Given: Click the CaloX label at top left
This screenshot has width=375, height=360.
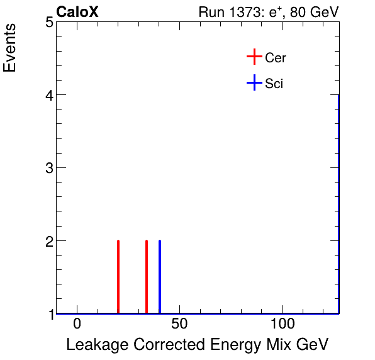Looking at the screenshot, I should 77,12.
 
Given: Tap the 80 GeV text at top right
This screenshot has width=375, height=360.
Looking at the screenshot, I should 314,12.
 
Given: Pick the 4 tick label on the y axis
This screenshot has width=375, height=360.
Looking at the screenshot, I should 48,95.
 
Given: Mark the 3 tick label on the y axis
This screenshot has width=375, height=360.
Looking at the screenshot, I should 48,168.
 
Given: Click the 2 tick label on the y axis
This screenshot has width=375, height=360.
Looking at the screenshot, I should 48,241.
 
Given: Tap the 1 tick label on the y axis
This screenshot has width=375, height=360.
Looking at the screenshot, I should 48,313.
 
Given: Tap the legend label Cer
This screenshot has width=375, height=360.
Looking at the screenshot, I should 276,58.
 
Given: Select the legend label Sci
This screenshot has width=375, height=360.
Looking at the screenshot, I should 274,83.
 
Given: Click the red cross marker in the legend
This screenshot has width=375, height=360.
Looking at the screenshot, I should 254,57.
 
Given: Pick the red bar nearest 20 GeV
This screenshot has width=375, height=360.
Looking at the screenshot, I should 118,277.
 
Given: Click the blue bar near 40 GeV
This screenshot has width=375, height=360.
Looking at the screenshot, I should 160,277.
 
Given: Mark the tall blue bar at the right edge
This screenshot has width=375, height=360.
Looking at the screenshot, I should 339,201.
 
